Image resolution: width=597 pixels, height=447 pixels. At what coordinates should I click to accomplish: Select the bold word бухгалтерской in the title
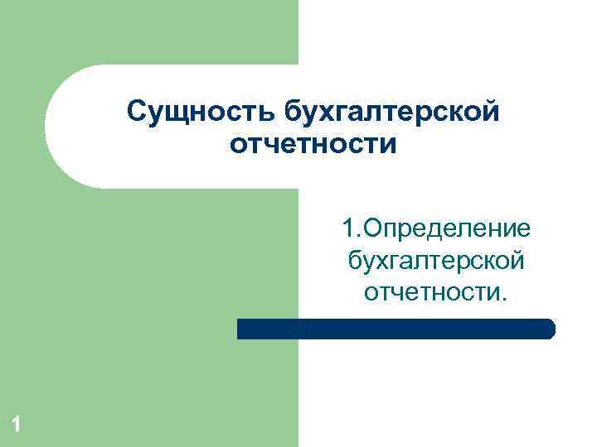click(392, 111)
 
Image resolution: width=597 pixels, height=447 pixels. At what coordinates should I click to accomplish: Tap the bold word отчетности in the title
click(313, 145)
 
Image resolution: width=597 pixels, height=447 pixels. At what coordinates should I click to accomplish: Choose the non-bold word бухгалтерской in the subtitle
click(436, 260)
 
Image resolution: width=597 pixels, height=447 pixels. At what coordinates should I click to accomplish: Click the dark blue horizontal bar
click(395, 329)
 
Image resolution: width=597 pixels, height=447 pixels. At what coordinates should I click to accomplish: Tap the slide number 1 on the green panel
click(15, 425)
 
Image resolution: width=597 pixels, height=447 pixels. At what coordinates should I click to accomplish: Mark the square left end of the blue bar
click(241, 329)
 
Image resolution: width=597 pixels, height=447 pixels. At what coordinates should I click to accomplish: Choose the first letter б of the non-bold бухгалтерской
click(355, 259)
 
